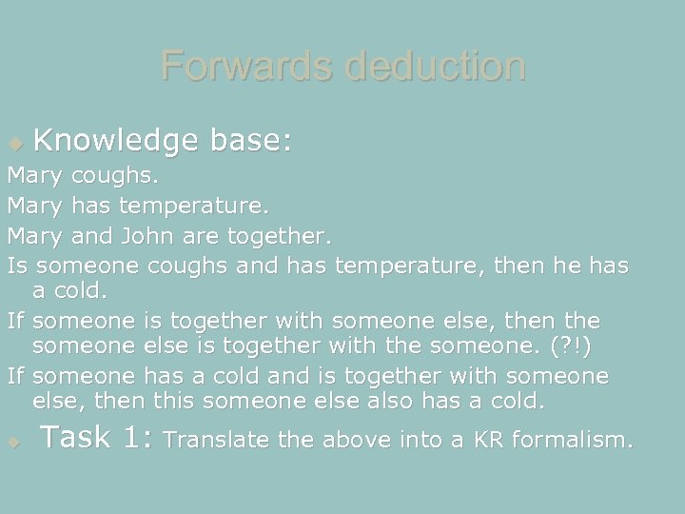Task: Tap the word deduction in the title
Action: click(434, 67)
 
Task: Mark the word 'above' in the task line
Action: click(354, 440)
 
